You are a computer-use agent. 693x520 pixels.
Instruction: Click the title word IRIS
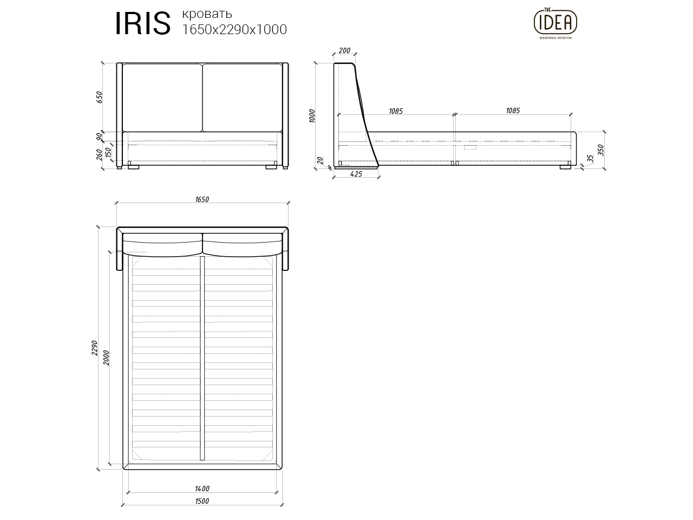click(x=142, y=24)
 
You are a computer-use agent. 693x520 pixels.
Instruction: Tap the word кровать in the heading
click(x=207, y=14)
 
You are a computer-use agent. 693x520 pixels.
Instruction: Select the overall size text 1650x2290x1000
click(x=234, y=30)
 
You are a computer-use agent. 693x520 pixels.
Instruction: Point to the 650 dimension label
click(x=99, y=97)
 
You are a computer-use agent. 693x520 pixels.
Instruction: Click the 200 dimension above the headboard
click(x=344, y=51)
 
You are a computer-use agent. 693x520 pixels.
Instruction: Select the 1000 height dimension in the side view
click(x=311, y=115)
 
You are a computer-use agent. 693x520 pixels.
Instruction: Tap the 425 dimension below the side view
click(x=356, y=174)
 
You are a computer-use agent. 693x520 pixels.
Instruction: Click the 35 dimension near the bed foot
click(x=590, y=158)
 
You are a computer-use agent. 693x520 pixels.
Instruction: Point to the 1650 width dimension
click(x=201, y=199)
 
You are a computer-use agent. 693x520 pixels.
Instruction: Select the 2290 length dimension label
click(x=94, y=348)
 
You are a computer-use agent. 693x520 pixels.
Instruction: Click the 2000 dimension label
click(x=106, y=357)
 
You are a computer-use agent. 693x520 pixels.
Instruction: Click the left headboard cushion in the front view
click(x=162, y=97)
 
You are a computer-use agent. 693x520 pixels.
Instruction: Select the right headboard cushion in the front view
click(x=242, y=97)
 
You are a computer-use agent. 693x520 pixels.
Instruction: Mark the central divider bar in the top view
click(x=202, y=357)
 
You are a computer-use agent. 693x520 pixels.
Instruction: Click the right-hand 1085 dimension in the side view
click(x=512, y=110)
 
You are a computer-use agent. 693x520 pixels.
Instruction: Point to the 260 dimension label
click(x=99, y=154)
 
